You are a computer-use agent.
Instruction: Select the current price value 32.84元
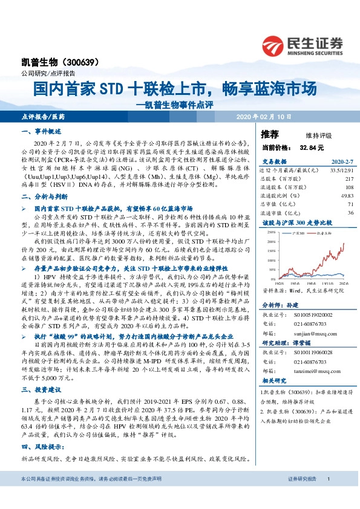click(312, 146)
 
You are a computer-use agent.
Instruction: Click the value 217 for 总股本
click(349, 179)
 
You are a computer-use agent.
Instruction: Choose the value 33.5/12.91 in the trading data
click(342, 170)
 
